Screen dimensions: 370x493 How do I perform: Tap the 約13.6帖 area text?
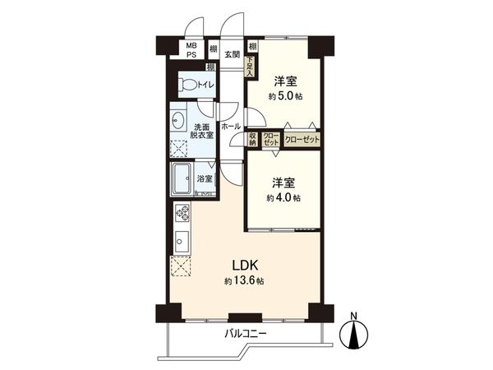(x=243, y=281)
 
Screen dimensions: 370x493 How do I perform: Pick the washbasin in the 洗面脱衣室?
(x=179, y=119)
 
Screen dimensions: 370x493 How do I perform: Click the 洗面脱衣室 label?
(x=203, y=131)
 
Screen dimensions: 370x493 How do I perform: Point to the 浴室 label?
(x=205, y=178)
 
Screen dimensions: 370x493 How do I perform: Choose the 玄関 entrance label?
(x=232, y=55)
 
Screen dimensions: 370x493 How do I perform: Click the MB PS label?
(x=191, y=50)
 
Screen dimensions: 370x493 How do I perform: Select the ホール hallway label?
(x=230, y=126)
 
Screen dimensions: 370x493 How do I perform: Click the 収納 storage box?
(x=252, y=140)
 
